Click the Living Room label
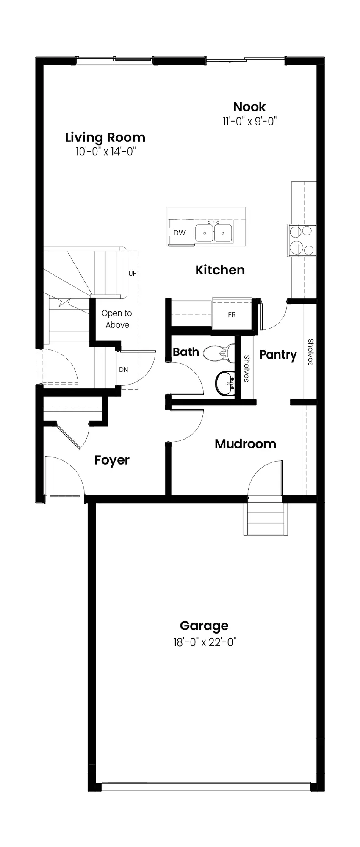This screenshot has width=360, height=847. (105, 138)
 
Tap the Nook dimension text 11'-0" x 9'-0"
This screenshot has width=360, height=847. (249, 122)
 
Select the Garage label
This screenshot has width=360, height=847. (204, 626)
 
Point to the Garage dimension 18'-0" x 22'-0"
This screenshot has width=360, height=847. (204, 642)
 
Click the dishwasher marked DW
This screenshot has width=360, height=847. (180, 233)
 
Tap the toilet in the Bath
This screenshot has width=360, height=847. (219, 352)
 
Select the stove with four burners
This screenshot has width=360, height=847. (302, 240)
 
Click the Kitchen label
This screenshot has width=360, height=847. (220, 270)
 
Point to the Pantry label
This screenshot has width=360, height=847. (278, 355)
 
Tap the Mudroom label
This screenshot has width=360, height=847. (245, 444)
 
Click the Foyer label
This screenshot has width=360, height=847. (112, 460)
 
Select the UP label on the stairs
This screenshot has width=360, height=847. (133, 273)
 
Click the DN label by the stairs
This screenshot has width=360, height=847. (123, 369)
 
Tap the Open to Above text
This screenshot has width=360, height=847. (117, 319)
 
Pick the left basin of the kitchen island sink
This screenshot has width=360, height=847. (204, 233)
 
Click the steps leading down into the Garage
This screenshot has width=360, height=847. (266, 519)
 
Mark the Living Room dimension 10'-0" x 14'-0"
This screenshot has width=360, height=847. (105, 152)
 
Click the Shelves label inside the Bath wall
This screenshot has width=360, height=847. (246, 368)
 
